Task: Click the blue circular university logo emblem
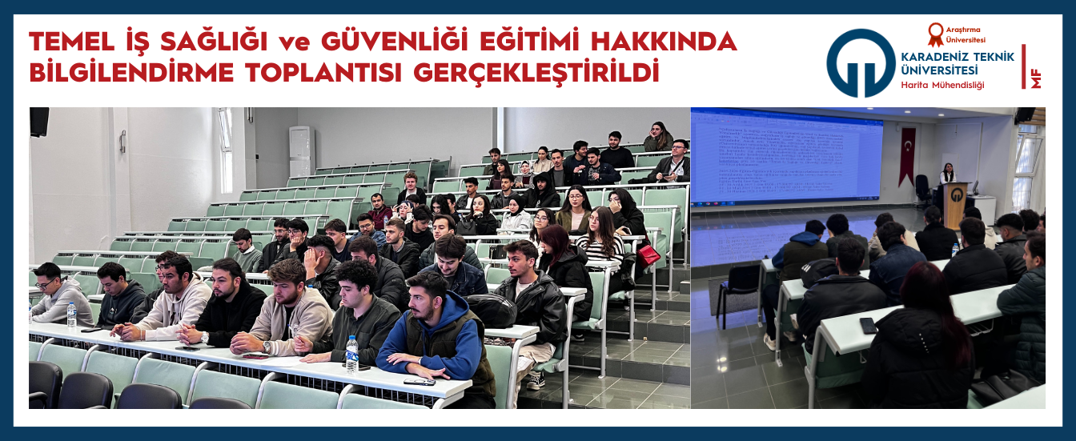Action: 861,63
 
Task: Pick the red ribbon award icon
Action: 935,33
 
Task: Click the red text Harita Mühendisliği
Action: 942,85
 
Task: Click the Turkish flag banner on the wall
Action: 906,155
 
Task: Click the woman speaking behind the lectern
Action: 948,174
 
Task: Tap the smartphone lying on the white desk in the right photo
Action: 868,325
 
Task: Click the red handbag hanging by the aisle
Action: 648,255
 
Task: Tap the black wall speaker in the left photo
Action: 39,122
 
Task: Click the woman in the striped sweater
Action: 600,243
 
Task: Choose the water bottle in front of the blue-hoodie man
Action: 351,354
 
